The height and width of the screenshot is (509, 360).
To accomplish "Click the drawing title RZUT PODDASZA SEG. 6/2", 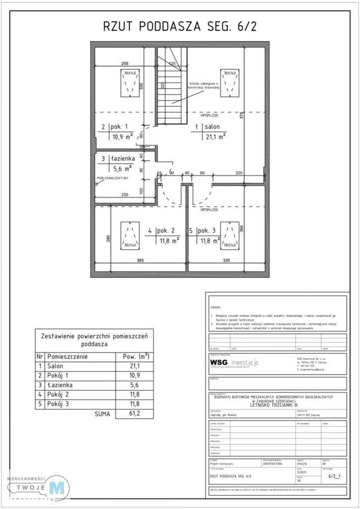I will point(180,26).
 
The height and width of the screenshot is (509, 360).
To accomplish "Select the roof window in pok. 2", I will point(129,235).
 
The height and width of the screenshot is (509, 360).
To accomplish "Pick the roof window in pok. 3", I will point(230,235).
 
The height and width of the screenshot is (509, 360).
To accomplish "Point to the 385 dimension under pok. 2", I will point(140,261).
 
